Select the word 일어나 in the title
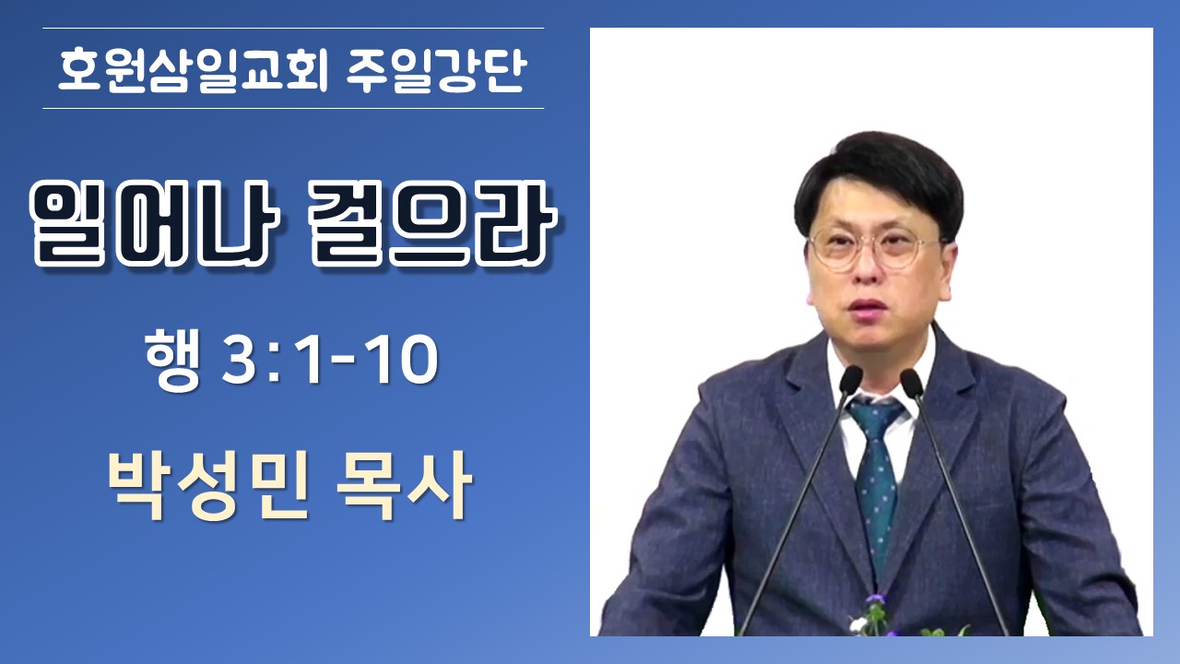[x=154, y=223]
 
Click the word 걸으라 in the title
[x=432, y=223]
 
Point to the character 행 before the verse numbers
[x=172, y=360]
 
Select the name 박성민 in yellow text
[x=207, y=486]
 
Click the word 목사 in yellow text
[x=404, y=486]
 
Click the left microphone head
[x=850, y=380]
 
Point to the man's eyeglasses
[x=875, y=249]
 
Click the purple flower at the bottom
[x=877, y=599]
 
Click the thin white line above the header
[x=293, y=28]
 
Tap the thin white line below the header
[x=293, y=109]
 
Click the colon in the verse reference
[x=275, y=362]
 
